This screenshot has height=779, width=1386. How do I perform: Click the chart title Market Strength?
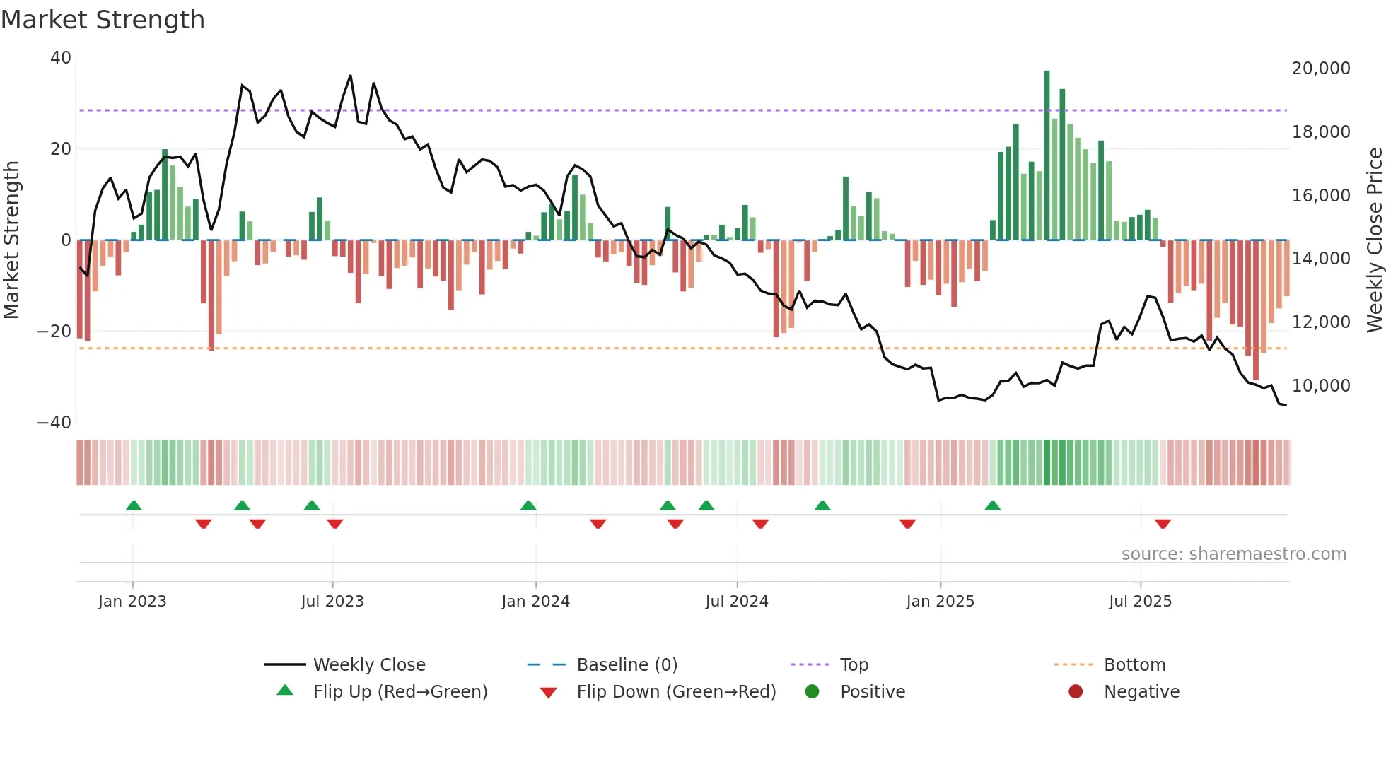tap(103, 20)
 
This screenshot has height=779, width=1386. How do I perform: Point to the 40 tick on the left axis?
tap(60, 58)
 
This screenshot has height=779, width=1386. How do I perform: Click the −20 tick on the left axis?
tap(54, 332)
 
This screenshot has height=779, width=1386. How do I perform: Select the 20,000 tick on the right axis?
tap(1320, 69)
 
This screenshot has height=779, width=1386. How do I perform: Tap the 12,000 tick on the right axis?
tap(1320, 322)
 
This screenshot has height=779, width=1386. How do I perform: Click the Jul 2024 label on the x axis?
tap(736, 602)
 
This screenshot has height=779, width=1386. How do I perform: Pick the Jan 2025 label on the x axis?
tap(940, 602)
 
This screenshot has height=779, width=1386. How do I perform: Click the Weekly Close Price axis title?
tap(1374, 240)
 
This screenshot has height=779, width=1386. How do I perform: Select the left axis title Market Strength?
tap(11, 240)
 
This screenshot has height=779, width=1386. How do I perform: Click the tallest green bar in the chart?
tap(1047, 156)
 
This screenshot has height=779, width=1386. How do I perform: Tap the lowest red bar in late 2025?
tap(1256, 311)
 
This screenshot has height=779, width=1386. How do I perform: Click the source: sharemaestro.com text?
tap(1233, 554)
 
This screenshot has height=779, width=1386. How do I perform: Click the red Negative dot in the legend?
tap(1076, 692)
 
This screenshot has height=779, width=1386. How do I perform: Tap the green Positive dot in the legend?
tap(812, 692)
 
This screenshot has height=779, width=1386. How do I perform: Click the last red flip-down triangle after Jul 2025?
tap(1163, 524)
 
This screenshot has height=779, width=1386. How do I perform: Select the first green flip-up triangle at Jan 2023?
tap(134, 505)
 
